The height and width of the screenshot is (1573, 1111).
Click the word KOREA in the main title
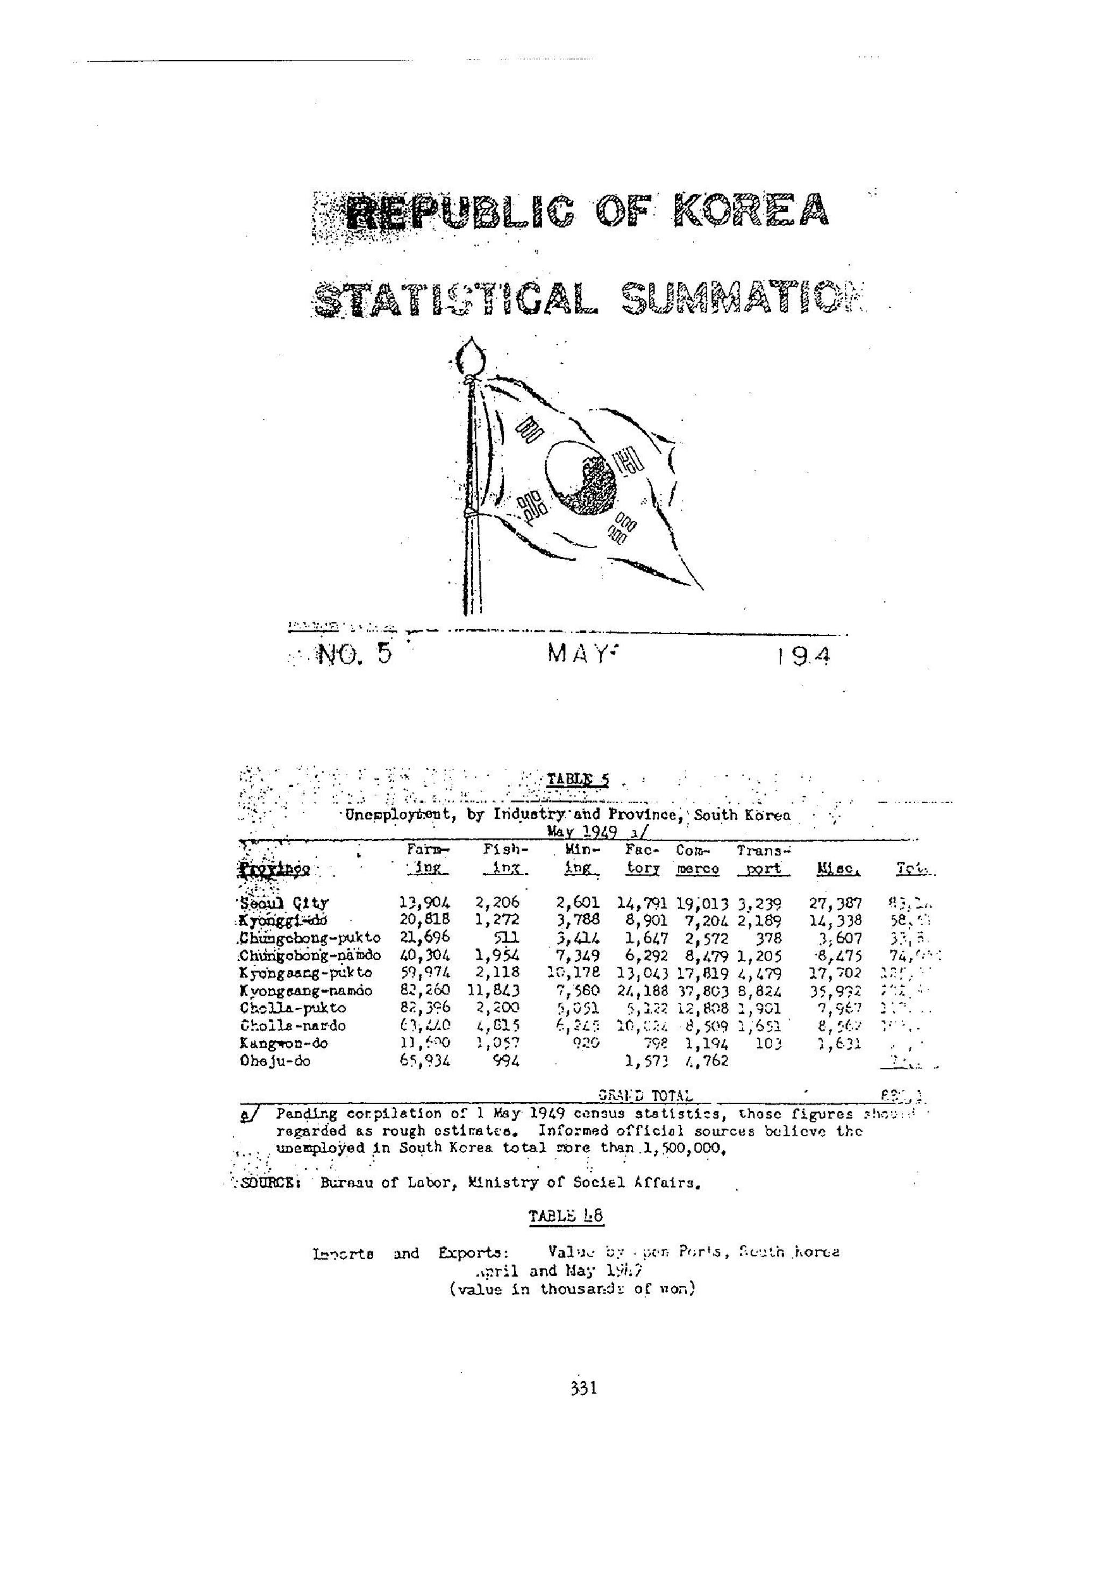pyautogui.click(x=751, y=210)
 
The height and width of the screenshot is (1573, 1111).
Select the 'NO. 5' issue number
pyautogui.click(x=355, y=655)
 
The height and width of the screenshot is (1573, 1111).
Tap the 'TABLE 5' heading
pyautogui.click(x=578, y=780)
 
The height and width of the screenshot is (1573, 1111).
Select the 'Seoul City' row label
pyautogui.click(x=283, y=904)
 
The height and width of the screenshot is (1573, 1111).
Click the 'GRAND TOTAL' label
pyautogui.click(x=645, y=1097)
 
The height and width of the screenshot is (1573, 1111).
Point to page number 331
pyautogui.click(x=583, y=1388)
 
